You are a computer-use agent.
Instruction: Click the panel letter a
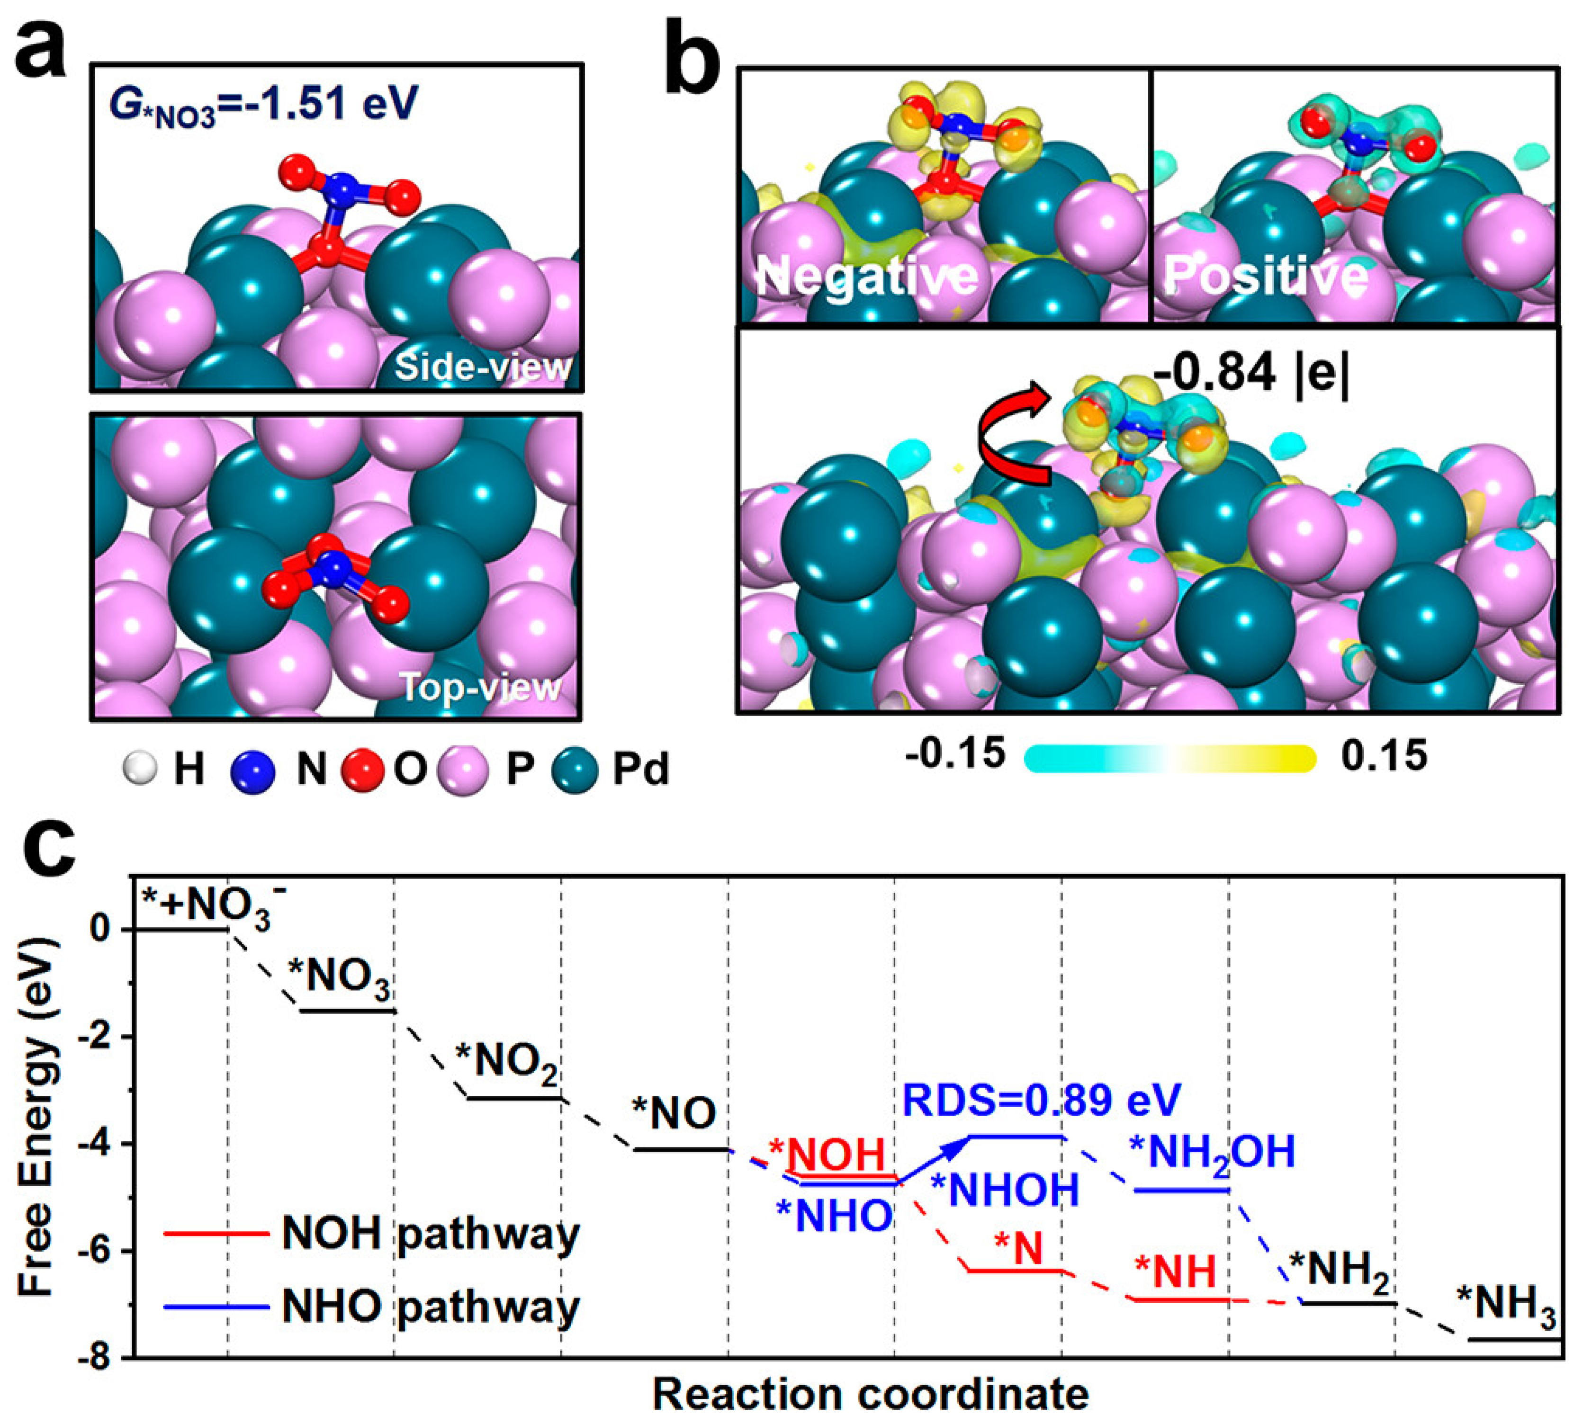[x=41, y=48]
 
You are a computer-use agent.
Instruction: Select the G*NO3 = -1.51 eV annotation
[x=263, y=104]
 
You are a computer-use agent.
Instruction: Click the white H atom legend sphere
[x=140, y=768]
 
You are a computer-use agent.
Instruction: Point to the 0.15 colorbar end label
[x=1384, y=756]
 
